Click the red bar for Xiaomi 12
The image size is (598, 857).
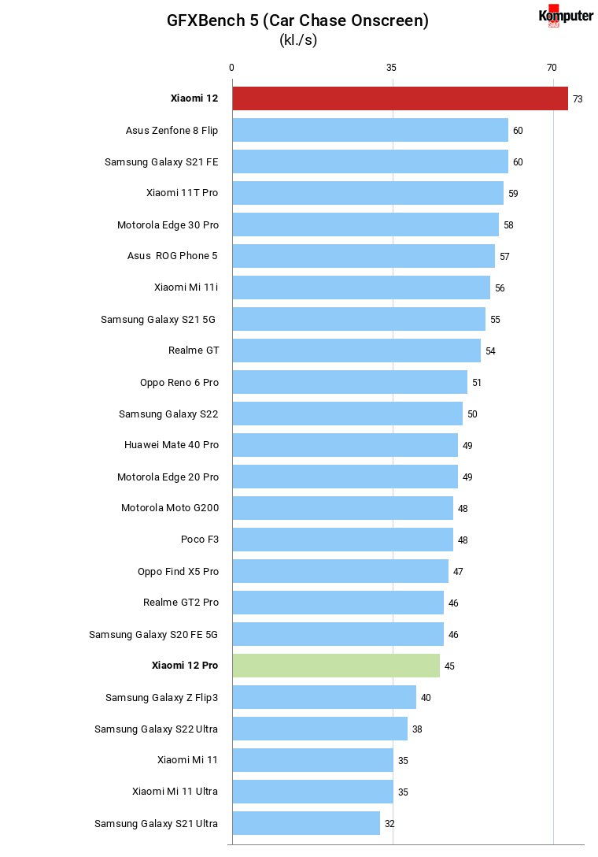coord(400,98)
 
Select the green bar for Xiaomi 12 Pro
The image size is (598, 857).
coord(336,666)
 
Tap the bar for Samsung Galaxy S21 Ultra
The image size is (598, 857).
coord(306,823)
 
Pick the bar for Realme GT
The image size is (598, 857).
coord(356,351)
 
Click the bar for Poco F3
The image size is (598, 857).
coord(343,540)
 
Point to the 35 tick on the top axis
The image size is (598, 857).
coord(392,68)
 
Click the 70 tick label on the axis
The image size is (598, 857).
coord(552,68)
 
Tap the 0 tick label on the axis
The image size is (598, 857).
coord(231,68)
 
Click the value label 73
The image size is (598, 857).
coord(578,99)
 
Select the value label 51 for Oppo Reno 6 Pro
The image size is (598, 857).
coord(477,383)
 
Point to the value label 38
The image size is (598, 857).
coord(417,729)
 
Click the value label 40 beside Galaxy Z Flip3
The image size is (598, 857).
coord(426,697)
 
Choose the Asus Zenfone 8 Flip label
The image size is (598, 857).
coord(172,131)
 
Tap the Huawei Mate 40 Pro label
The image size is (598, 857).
coord(172,445)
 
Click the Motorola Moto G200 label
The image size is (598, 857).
coord(170,508)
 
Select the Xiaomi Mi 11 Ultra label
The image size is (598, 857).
coord(175,792)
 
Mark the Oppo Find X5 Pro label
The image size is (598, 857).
coord(178,572)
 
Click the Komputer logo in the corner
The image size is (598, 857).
coord(566,16)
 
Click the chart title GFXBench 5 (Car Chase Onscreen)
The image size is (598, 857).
coord(297,20)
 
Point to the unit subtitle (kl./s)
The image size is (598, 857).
coord(298,40)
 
